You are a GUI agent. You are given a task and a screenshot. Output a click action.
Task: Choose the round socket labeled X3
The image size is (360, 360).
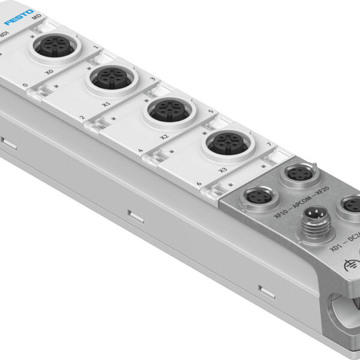[223, 142]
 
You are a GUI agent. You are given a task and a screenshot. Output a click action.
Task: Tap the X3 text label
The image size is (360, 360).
[223, 170]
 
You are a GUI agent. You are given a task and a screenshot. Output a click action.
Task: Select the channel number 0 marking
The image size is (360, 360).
[26, 86]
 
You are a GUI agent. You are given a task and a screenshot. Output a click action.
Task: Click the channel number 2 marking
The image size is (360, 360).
[81, 118]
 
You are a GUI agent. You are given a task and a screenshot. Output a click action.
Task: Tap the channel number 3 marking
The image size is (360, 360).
[153, 79]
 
